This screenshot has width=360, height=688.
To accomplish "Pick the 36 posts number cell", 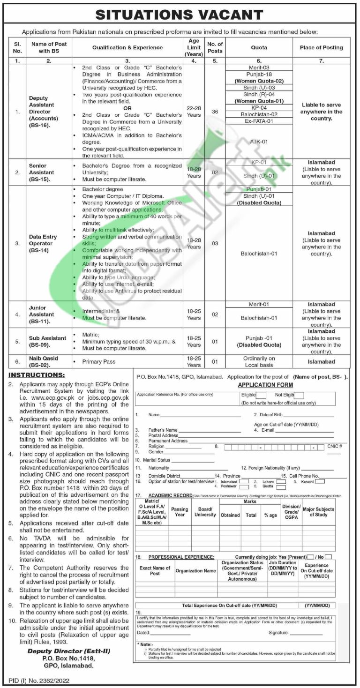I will (215, 112).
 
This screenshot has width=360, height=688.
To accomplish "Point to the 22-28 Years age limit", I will (194, 112).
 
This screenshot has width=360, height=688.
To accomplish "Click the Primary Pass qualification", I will (98, 362).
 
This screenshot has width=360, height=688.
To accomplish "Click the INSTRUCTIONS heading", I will (37, 375).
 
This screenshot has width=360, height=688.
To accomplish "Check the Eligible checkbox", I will (261, 396).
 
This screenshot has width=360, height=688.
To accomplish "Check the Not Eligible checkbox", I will (299, 396).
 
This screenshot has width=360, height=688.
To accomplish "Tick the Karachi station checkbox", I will (320, 481).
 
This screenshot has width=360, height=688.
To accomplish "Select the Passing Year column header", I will (180, 512).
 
